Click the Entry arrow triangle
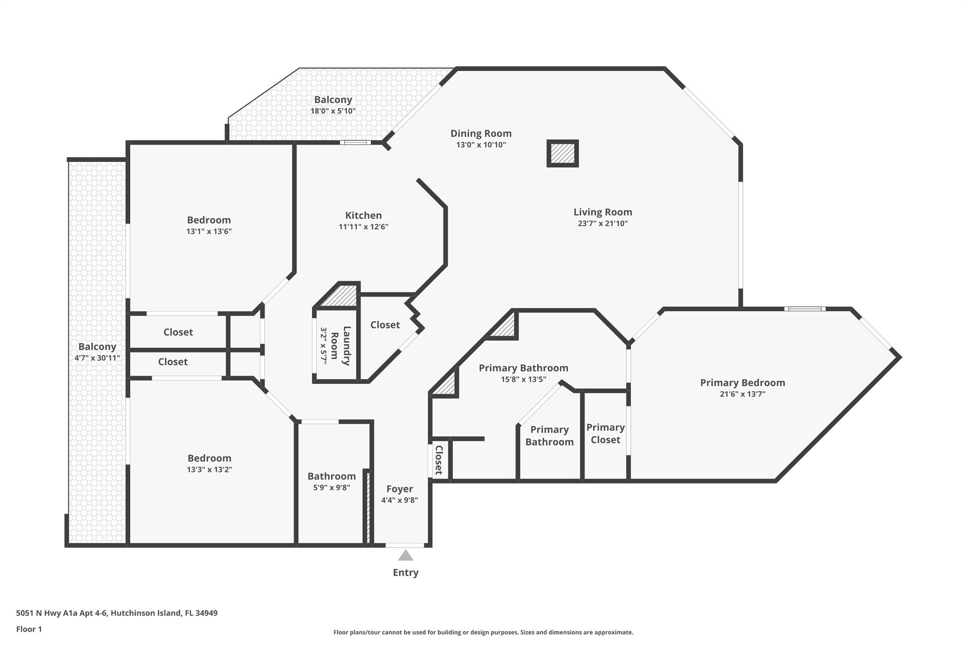[x=405, y=556]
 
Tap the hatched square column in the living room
[x=562, y=154]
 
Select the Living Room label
[x=602, y=212]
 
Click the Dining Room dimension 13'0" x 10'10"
[x=481, y=145]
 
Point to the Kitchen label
[x=363, y=215]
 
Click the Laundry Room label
[x=340, y=346]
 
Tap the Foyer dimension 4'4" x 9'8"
[x=399, y=500]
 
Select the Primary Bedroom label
[x=742, y=383]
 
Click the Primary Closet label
[x=605, y=433]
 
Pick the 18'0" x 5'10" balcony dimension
[x=333, y=111]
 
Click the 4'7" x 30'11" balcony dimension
[x=97, y=358]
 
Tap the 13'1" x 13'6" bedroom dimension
[x=209, y=232]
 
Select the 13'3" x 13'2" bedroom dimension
[x=209, y=470]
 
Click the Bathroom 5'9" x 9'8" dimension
[x=331, y=488]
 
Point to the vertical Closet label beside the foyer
[x=439, y=459]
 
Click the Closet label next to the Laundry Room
[x=385, y=325]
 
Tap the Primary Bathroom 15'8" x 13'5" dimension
[x=523, y=379]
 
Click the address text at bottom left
[x=117, y=613]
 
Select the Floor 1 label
[x=29, y=629]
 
